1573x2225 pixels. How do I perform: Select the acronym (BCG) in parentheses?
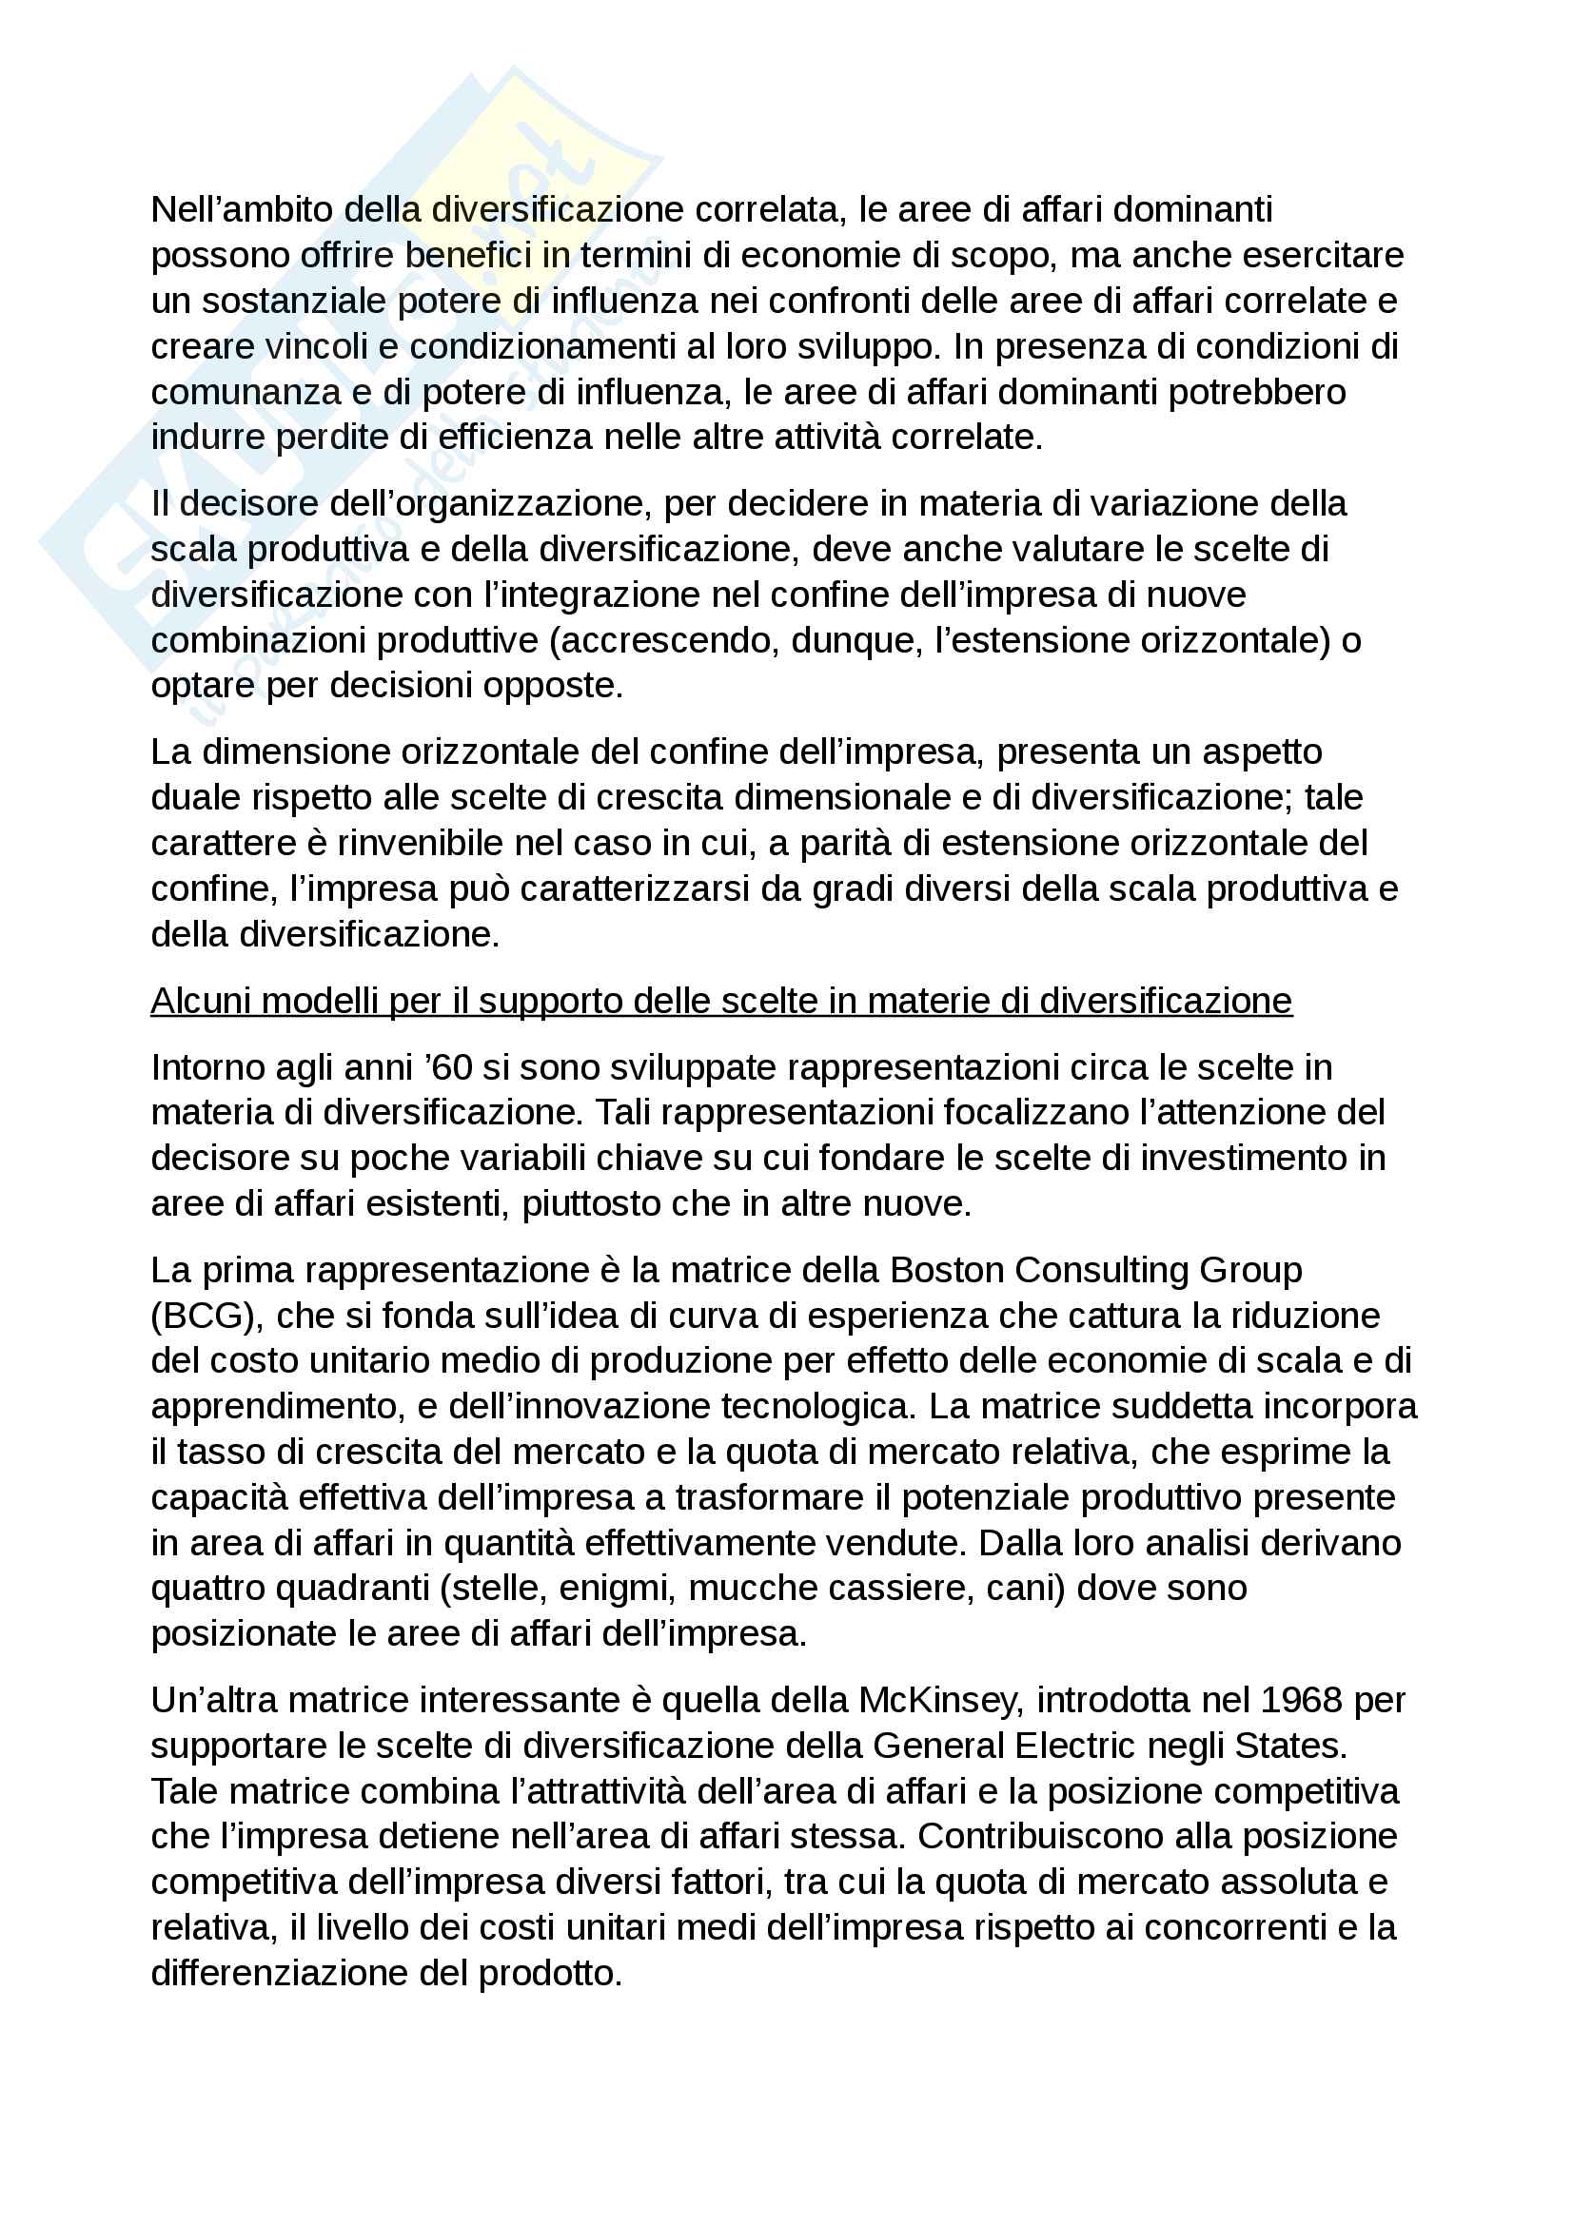point(206,1315)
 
